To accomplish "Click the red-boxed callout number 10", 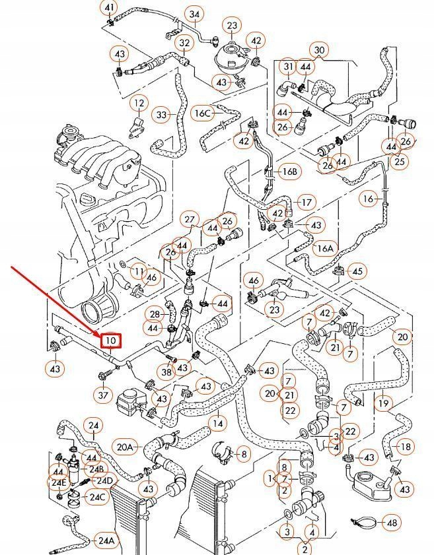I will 110,341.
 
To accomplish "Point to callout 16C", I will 202,113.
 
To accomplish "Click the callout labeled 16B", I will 289,172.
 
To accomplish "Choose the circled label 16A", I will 324,249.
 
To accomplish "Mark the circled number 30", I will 320,50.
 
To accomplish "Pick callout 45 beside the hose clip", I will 357,271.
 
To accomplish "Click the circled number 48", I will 392,523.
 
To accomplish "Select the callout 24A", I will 106,540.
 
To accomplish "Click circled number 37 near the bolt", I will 103,395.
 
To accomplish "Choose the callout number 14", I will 217,422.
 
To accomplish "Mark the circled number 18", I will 406,447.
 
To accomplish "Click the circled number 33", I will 162,115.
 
